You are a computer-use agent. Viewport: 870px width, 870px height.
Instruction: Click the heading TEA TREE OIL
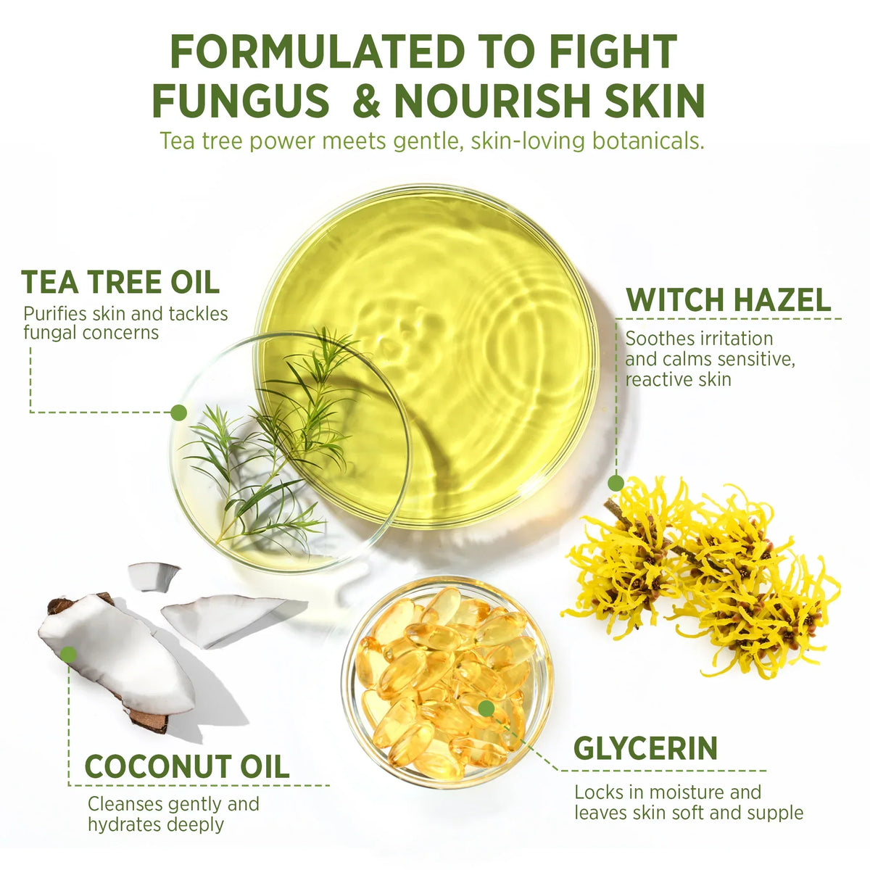point(120,282)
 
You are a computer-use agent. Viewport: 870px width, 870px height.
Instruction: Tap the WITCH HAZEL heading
point(728,299)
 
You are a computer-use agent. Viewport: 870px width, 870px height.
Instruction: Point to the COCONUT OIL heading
point(187,766)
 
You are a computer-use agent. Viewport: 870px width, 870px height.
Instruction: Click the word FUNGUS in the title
point(241,100)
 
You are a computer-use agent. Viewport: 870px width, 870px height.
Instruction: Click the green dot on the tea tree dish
point(179,413)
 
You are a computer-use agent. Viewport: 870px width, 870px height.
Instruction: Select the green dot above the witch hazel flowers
point(616,483)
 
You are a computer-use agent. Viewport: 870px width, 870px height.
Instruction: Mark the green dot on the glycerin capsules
point(486,708)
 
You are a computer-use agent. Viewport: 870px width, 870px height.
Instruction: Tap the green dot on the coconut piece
point(69,654)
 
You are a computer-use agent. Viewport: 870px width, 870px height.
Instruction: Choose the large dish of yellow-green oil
point(426,357)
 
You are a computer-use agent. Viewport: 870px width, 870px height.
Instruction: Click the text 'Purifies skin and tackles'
point(125,313)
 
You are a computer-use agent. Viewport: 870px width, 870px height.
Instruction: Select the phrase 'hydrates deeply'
point(156,824)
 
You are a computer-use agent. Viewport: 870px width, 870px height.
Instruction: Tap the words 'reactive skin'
point(678,379)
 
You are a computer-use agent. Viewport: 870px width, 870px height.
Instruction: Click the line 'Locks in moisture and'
point(668,792)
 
